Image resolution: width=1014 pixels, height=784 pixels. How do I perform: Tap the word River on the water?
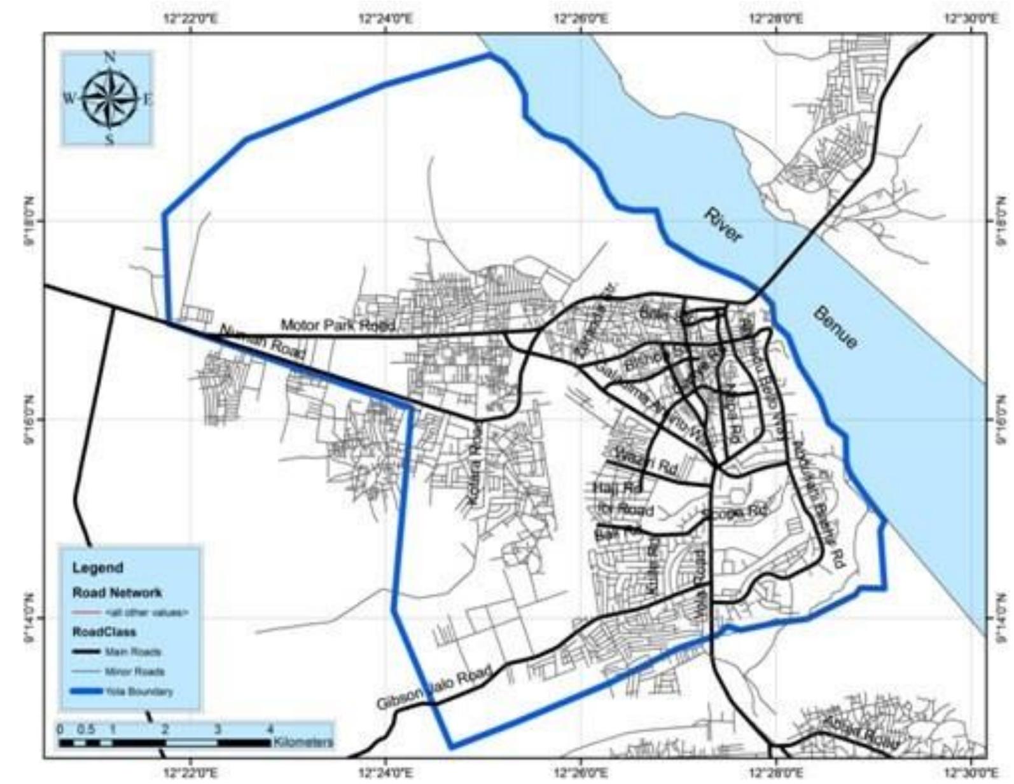[723, 226]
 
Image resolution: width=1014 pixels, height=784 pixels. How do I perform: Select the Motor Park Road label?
[338, 325]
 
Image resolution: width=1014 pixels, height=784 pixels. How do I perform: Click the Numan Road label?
[262, 341]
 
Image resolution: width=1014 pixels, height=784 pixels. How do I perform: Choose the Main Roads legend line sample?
[86, 652]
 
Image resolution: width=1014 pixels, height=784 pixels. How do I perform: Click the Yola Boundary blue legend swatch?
[86, 691]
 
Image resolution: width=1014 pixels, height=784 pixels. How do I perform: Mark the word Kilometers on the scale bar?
[303, 742]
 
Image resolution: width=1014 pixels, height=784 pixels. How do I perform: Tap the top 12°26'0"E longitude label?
[580, 19]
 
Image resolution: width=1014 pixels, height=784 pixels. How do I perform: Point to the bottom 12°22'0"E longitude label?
[190, 772]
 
